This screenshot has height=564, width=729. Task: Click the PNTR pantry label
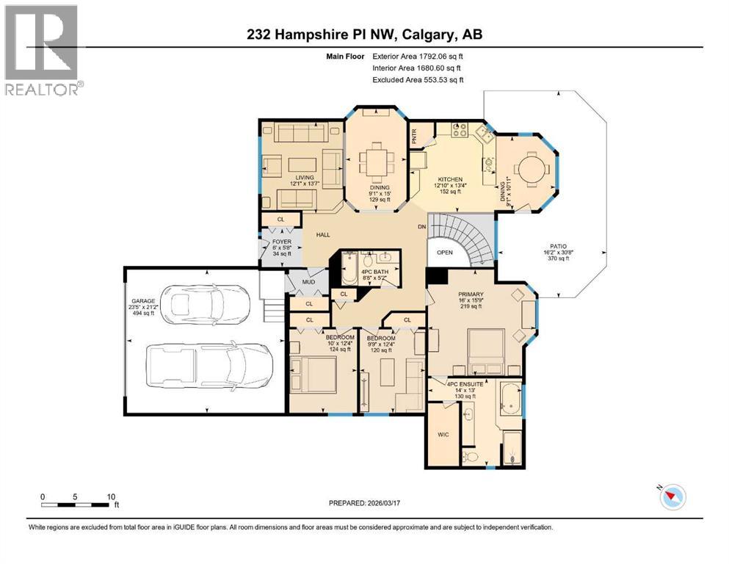414,136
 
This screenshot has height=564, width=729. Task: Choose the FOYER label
283,241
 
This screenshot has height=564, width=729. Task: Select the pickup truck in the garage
209,365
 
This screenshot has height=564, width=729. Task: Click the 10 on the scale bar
110,496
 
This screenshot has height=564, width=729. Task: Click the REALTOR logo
43,51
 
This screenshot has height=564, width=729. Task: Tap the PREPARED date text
364,504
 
